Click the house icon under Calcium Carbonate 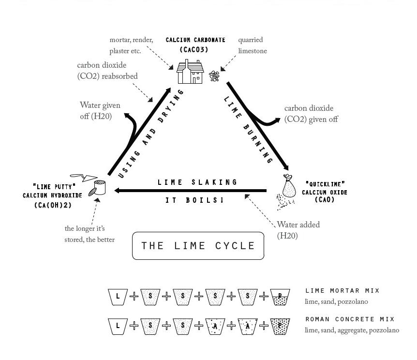coord(190,72)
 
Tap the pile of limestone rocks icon coord(214,76)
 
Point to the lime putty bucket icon coord(99,187)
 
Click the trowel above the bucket coord(81,177)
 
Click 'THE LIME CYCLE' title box coord(198,246)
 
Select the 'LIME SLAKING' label coord(198,182)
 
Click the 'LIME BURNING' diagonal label coord(248,129)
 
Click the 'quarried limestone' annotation coord(252,45)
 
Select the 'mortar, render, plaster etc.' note coord(131,45)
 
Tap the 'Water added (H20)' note coord(298,230)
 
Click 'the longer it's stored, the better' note coord(89,234)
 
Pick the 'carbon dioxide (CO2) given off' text coord(311,114)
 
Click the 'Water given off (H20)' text coord(100,110)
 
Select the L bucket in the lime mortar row coord(118,297)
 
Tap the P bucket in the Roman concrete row coord(280,326)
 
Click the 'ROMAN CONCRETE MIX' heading coord(350,319)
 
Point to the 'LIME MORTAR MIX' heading coord(343,291)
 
